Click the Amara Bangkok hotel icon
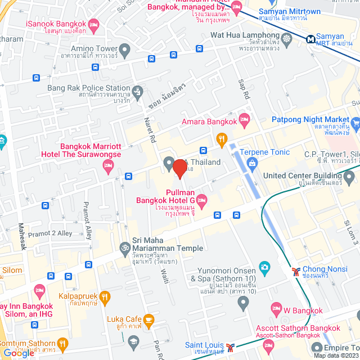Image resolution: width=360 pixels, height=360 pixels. pos(244,119)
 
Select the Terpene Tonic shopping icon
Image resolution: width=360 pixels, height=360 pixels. pos(251,163)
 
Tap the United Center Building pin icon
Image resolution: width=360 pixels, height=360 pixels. pos(349,178)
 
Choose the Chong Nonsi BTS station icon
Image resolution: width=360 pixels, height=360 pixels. pos(295,271)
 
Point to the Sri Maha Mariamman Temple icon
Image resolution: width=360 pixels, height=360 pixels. pos(124,247)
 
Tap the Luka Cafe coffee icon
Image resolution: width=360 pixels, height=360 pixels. pos(149,321)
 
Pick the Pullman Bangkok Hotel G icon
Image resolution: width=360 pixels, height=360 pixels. pos(202,199)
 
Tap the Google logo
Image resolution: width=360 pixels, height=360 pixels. pos(18,353)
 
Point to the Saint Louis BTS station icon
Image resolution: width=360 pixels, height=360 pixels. pos(229,346)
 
